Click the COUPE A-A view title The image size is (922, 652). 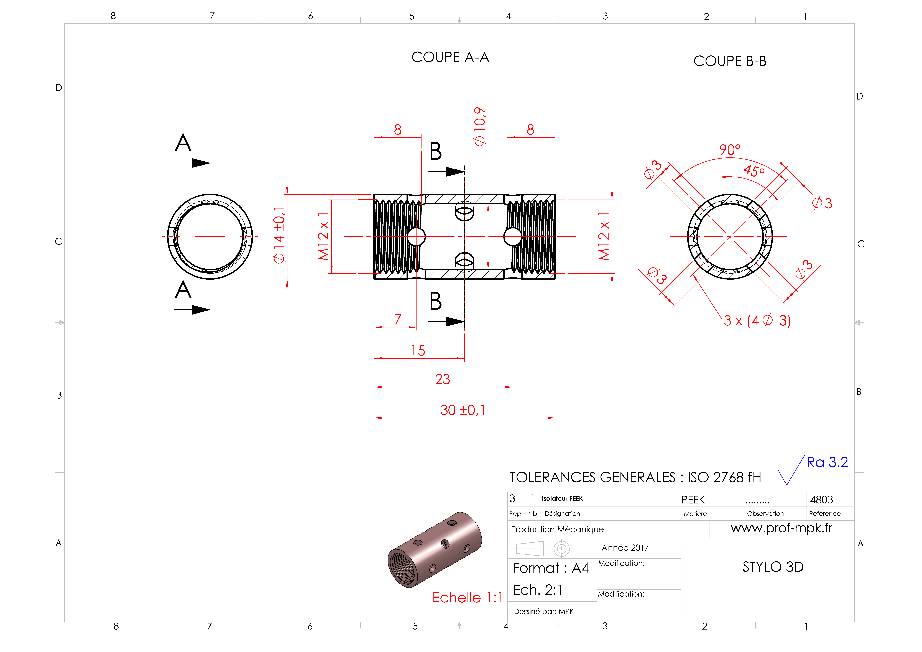point(450,57)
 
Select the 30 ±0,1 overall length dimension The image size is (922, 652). point(463,410)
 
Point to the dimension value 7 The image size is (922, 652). point(398,319)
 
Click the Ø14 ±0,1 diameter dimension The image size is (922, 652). point(279,235)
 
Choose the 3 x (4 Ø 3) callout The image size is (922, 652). point(757,321)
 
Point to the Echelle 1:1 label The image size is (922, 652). point(467,598)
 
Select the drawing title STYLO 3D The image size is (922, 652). point(773,567)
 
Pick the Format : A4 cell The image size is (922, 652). point(551,568)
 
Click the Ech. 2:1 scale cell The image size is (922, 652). point(537,590)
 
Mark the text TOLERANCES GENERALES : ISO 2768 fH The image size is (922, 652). point(635,477)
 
